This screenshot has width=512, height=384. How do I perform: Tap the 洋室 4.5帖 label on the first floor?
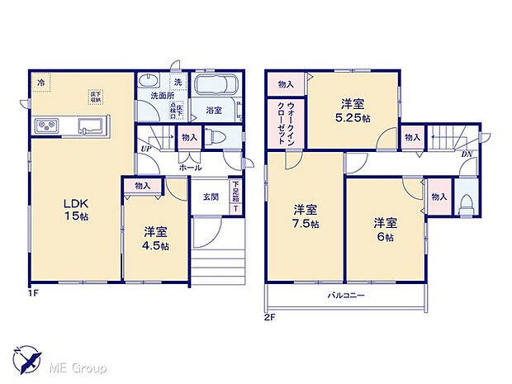tap(154, 239)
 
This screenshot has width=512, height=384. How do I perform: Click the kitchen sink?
tap(90, 126)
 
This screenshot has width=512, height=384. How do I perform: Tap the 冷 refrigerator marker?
tap(40, 82)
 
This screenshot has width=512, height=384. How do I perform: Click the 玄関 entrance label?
tap(210, 196)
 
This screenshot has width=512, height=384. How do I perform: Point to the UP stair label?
tap(146, 149)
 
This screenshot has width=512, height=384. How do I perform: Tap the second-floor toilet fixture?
tap(465, 203)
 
